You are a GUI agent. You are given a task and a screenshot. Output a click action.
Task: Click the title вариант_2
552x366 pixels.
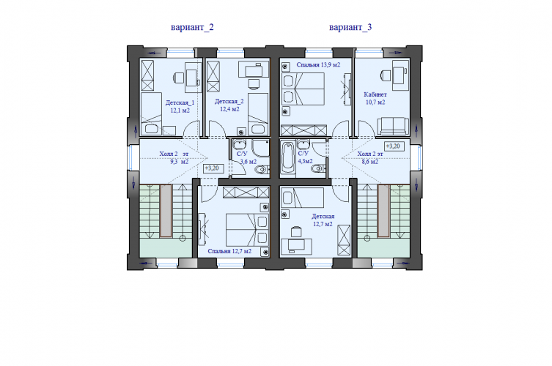192,27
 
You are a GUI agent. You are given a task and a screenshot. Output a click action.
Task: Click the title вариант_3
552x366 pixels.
350,27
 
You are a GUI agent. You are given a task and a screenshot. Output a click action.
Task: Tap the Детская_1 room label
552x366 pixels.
180,106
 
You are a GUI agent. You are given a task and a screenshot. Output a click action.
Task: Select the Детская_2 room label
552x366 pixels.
229,105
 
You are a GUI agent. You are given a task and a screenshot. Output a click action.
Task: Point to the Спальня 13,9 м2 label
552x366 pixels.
318,64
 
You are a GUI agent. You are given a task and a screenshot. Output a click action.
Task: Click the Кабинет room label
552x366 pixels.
375,98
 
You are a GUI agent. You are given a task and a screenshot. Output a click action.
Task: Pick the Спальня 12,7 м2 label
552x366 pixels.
229,251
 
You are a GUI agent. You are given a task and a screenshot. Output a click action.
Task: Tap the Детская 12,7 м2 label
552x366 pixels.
323,220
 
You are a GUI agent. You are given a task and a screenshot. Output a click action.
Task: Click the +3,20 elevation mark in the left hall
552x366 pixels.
213,168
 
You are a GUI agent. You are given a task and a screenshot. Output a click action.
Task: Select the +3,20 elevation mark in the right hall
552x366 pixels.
394,146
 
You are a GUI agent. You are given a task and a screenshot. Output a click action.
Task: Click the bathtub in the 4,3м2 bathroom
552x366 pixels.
288,158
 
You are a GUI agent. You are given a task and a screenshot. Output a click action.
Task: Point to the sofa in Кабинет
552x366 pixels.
393,126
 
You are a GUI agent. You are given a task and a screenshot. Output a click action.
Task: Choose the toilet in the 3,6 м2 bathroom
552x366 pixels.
262,170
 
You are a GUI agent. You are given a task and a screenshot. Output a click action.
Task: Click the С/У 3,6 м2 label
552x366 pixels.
248,158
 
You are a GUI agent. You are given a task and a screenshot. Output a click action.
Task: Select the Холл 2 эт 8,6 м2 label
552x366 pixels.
370,158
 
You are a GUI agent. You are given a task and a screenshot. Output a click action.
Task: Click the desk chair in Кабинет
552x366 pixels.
386,75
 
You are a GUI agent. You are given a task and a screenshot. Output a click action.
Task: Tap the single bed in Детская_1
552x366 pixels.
151,113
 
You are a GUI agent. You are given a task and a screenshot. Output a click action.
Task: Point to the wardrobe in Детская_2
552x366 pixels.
213,76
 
